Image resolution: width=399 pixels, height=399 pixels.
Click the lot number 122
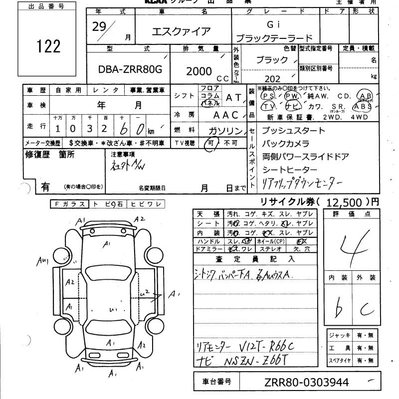tap(48, 46)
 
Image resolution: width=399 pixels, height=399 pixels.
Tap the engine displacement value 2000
tap(199, 71)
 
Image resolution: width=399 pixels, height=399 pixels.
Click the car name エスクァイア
tap(182, 31)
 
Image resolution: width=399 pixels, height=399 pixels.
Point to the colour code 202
tap(273, 79)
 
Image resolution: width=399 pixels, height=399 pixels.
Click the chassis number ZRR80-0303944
tap(307, 383)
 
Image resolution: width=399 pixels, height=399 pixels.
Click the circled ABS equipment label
tap(362, 106)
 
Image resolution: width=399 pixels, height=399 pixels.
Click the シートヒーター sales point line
tap(289, 170)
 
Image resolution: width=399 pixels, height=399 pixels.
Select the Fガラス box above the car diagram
tap(69, 203)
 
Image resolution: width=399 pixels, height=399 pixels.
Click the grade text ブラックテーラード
tap(274, 38)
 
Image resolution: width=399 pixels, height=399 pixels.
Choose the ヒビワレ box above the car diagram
tap(145, 203)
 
